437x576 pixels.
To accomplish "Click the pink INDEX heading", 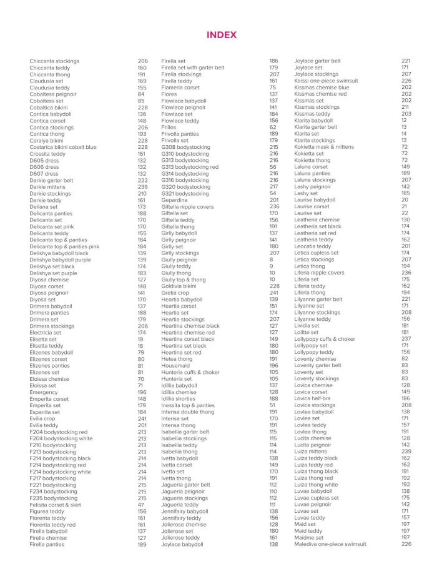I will pos(222,35).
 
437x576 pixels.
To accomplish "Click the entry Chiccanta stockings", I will pos(54,61).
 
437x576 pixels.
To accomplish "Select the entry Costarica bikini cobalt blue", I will pos(63,147).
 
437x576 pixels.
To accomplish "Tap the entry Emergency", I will pos(44,392).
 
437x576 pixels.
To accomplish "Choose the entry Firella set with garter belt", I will pos(192,68).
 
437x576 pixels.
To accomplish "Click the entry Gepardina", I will pos(174,200).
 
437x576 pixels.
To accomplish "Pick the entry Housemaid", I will pos(175,366).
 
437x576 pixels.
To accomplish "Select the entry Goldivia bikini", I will pos(179,286).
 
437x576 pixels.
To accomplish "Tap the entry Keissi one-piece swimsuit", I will pos(326,81).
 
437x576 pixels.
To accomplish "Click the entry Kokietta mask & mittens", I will pos(323,147).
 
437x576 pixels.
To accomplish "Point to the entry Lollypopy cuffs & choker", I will pos(324,339).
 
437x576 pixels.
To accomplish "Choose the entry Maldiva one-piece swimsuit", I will pos(330,544).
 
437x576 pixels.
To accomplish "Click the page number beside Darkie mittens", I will pos(142,187).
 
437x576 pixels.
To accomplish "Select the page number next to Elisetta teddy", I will pos(140,346).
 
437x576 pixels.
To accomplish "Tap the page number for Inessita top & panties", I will pos(273,405).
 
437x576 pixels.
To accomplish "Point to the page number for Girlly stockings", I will pos(273,253).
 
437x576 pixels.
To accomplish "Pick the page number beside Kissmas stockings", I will pos(406,108).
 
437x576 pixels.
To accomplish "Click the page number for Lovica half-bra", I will pos(406,398).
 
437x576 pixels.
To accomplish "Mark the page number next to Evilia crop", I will pos(142,419).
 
